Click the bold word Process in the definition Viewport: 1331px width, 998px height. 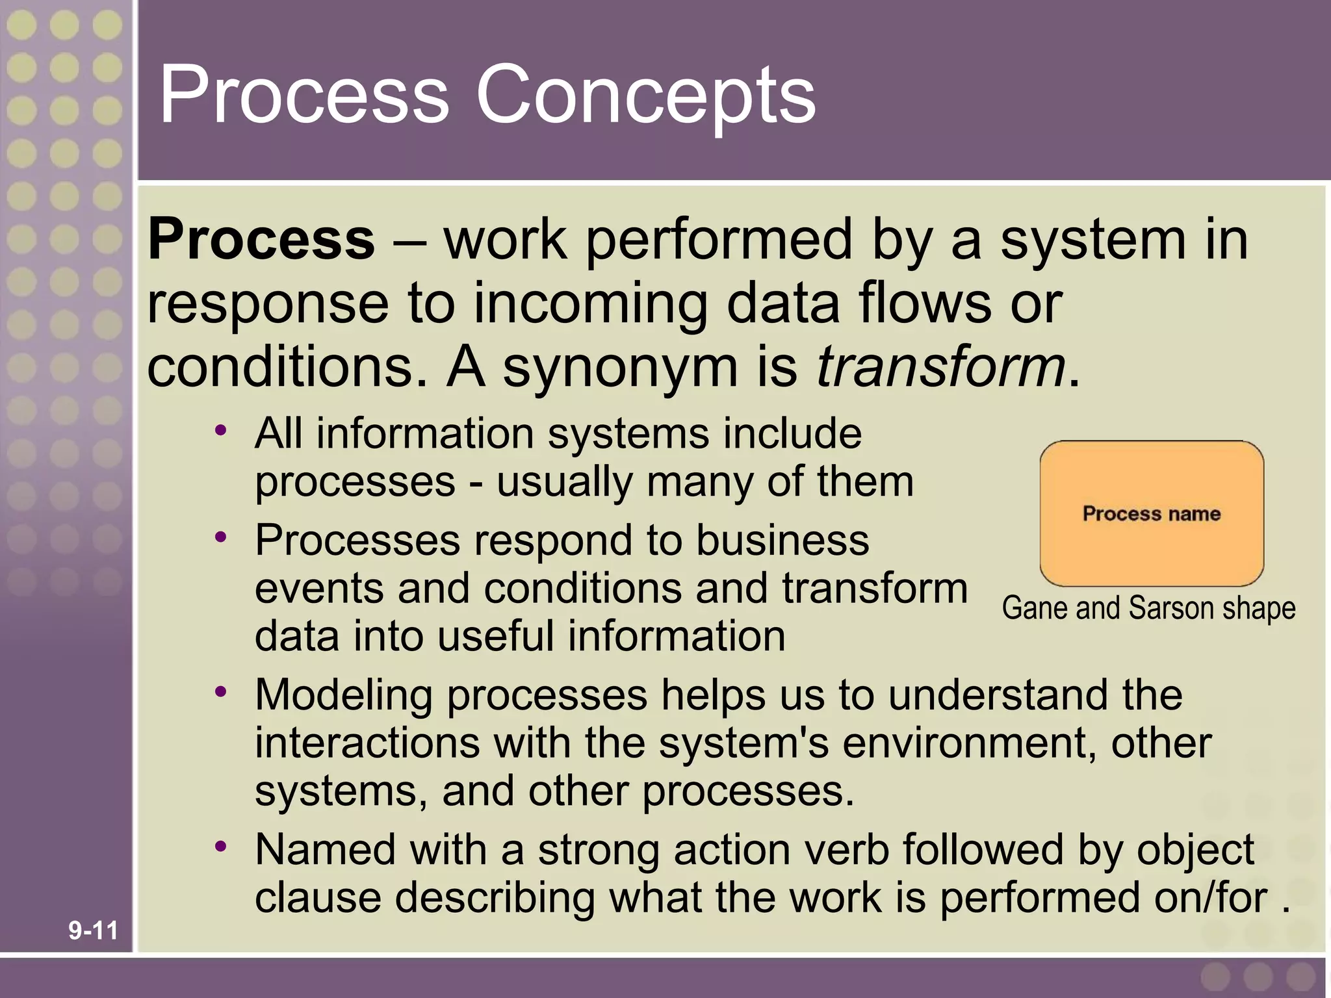coord(261,239)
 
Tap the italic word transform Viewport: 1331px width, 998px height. coord(940,366)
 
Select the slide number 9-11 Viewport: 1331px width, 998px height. coord(93,930)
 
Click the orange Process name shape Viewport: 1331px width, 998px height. coord(1152,513)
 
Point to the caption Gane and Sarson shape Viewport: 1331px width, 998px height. coord(1148,608)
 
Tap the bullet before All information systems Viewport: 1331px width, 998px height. coord(222,430)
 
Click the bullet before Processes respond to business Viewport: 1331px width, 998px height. coord(222,537)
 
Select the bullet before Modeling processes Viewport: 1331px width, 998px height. coord(222,692)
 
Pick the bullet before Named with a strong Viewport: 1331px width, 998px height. coord(222,846)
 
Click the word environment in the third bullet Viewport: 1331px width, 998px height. coord(968,743)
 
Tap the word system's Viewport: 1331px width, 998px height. coord(743,743)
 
